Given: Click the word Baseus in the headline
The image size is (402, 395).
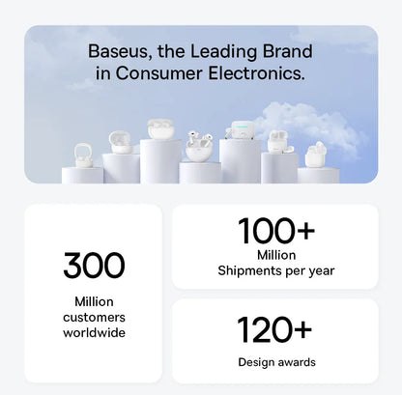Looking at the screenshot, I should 117,51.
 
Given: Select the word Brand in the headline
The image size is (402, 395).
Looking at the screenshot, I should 289,51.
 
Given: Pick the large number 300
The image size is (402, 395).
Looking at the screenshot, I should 94,265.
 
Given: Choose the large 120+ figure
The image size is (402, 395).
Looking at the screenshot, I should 274,329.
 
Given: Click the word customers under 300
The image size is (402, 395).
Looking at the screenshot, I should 94,317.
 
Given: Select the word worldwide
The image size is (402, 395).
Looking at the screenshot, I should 94,332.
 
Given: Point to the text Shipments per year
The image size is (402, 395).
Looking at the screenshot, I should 275,270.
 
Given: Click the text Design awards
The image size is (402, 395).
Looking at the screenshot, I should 275,362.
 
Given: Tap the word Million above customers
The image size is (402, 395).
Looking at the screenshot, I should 94,301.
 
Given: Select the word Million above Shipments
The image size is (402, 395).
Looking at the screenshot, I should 275,255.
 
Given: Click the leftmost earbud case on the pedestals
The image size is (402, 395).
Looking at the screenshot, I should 83,156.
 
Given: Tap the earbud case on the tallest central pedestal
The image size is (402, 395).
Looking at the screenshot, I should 160,129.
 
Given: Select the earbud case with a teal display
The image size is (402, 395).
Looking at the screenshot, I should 237,132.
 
